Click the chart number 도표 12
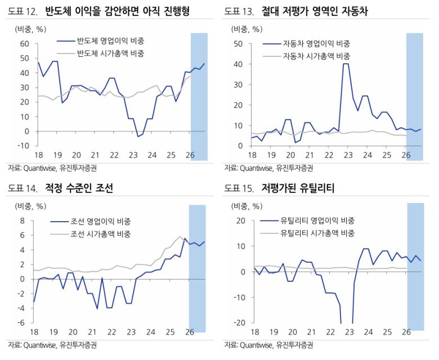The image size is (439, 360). click(22, 11)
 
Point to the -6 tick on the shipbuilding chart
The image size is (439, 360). click(22, 322)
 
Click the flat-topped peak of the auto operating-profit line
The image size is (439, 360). click(346, 64)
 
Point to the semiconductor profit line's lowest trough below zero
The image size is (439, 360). click(138, 137)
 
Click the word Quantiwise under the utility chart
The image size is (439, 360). click(256, 344)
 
